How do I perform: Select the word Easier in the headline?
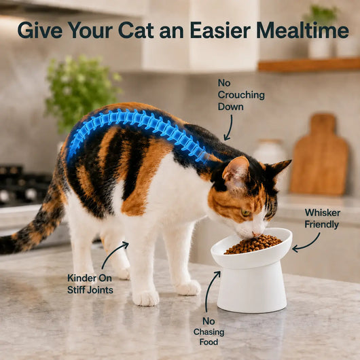(x=220, y=30)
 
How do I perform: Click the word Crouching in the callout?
(x=241, y=95)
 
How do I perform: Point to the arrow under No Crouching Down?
(x=229, y=128)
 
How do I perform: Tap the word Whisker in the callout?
(x=323, y=213)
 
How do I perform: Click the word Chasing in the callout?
(x=209, y=332)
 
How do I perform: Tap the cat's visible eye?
(x=246, y=213)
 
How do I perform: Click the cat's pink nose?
(x=255, y=234)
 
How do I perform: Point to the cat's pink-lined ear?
(x=236, y=171)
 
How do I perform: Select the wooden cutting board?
(x=319, y=156)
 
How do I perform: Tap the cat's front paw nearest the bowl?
(x=188, y=288)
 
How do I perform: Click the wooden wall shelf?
(x=309, y=65)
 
